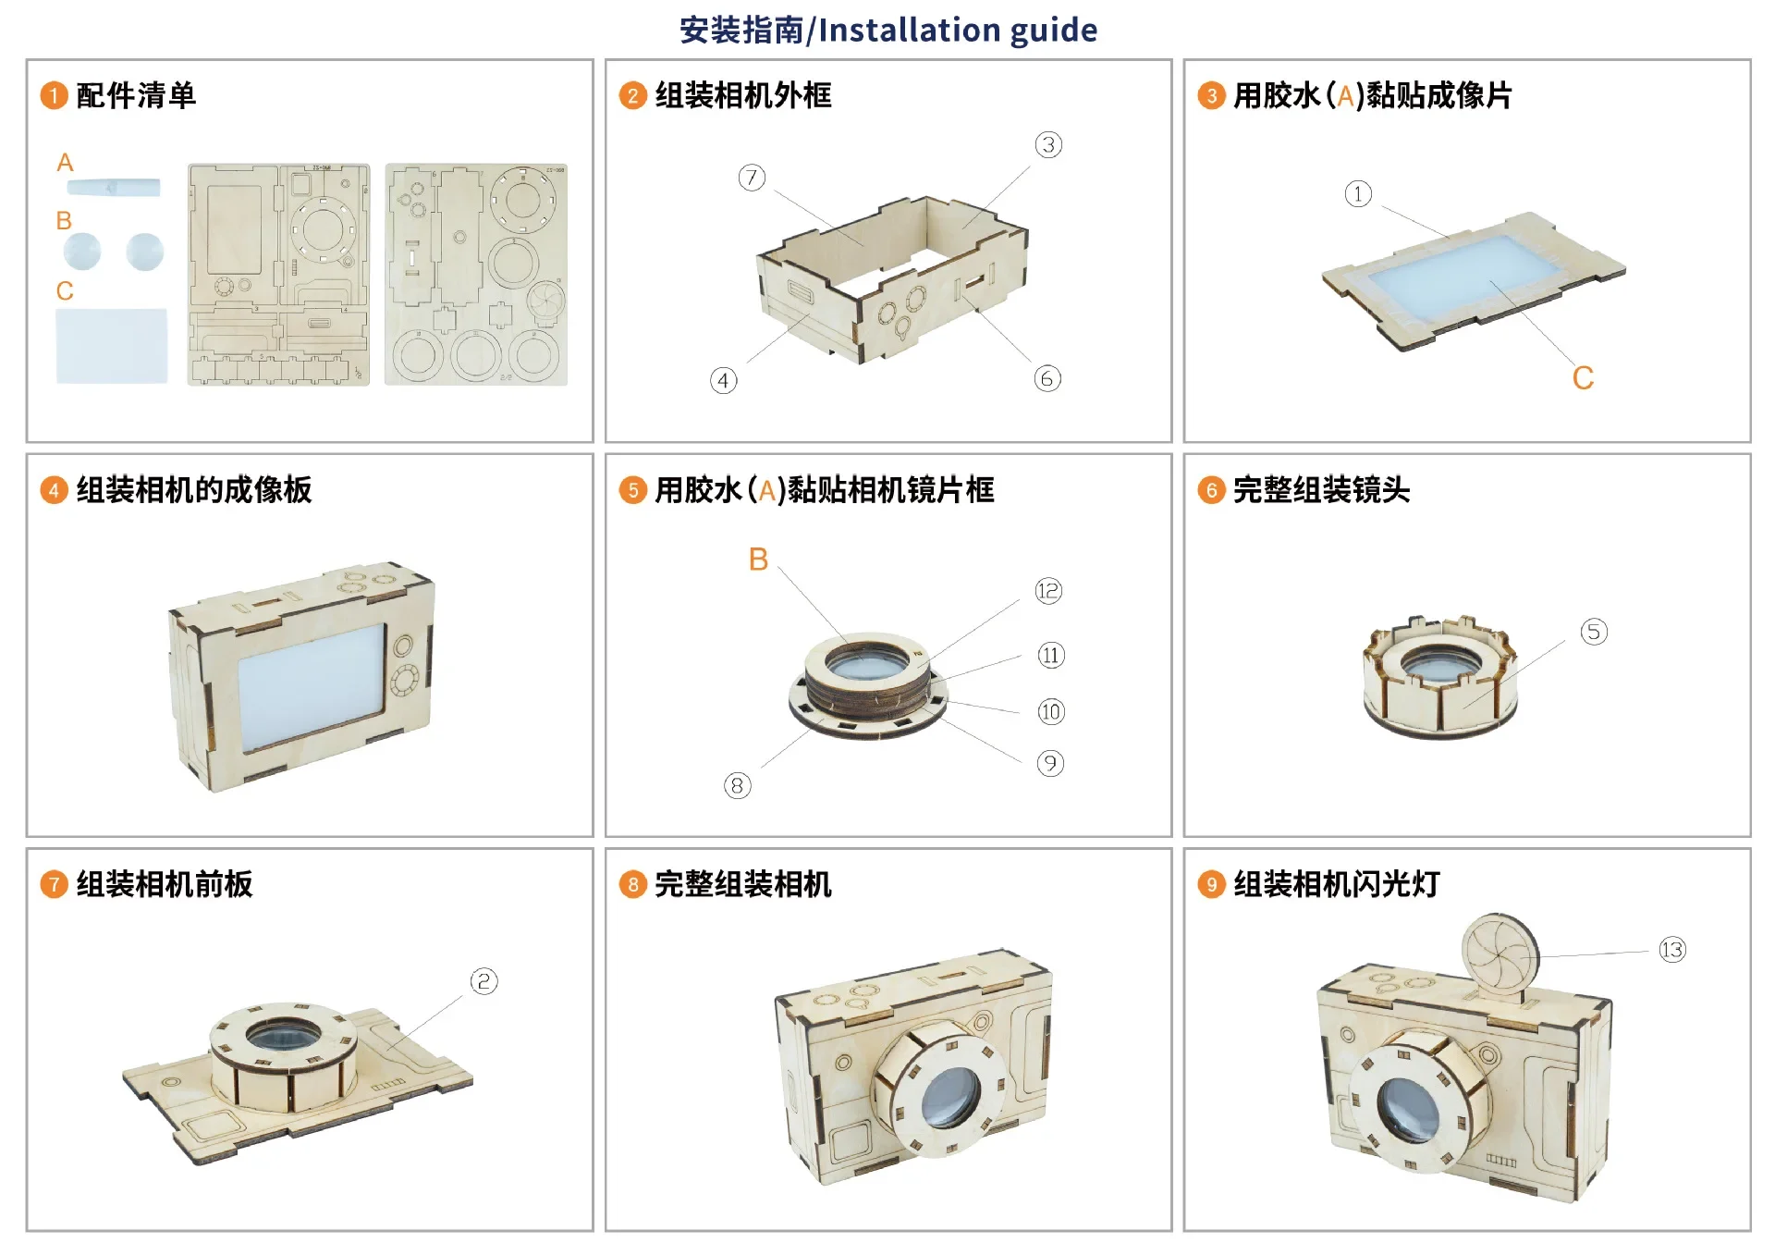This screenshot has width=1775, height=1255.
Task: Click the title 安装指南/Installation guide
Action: click(x=888, y=30)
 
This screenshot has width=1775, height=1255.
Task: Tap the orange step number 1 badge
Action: click(x=54, y=95)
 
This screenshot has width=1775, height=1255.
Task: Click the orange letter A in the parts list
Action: click(x=65, y=163)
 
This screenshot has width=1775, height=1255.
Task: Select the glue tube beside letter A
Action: click(x=114, y=187)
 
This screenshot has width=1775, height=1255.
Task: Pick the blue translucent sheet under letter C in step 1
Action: click(x=112, y=345)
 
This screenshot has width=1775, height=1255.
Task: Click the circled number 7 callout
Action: click(x=752, y=178)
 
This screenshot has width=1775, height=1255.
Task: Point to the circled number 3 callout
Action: click(x=1048, y=144)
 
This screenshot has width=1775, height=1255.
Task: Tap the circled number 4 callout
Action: click(x=724, y=380)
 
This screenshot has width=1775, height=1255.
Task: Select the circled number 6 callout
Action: click(x=1047, y=378)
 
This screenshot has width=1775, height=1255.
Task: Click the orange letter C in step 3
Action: click(x=1583, y=378)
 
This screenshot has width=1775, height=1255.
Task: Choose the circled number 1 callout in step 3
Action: click(x=1358, y=194)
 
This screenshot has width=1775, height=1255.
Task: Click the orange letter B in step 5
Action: click(x=758, y=560)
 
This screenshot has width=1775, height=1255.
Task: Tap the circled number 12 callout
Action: click(x=1048, y=591)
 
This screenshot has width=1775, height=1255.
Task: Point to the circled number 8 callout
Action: click(x=738, y=786)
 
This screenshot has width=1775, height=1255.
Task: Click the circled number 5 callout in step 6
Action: click(x=1594, y=632)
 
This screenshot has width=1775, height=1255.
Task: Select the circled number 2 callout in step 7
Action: click(x=484, y=981)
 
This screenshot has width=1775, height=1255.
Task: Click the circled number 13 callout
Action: click(x=1672, y=950)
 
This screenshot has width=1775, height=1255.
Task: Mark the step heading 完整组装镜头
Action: click(x=1321, y=490)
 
